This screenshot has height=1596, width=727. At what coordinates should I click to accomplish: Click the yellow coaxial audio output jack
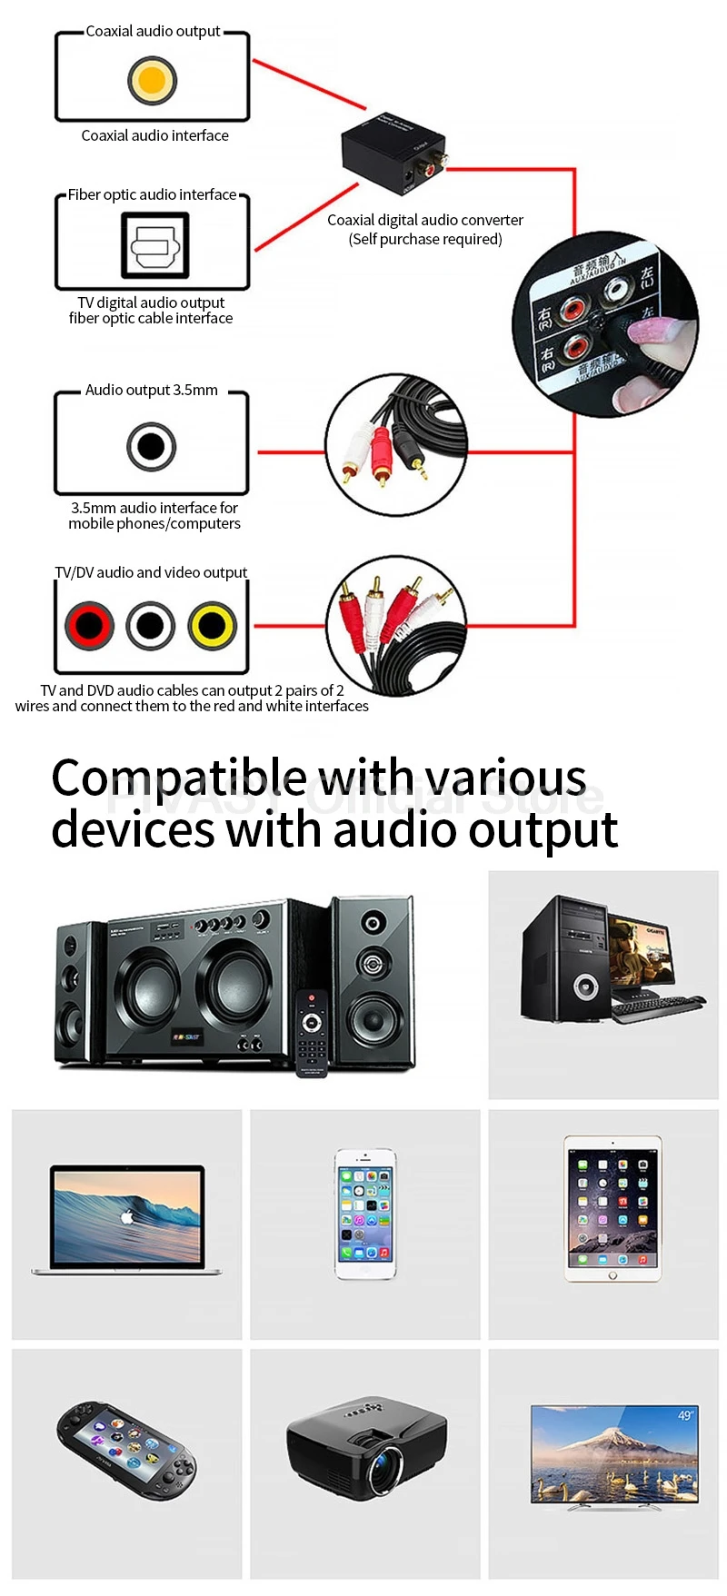tap(152, 80)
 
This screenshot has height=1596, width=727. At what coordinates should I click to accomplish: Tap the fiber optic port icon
tap(155, 245)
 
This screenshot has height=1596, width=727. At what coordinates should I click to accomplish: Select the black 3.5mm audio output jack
tap(151, 446)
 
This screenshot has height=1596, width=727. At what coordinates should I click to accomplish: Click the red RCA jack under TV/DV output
tap(89, 625)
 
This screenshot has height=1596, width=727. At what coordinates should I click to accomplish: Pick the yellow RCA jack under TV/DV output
tap(213, 625)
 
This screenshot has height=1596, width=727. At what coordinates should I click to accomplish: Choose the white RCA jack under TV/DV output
tap(151, 625)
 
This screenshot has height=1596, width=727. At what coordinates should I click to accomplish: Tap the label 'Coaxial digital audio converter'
tap(425, 220)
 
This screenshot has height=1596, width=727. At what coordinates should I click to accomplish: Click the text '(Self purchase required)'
tap(425, 239)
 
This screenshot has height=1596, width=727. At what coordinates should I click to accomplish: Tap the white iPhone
tap(364, 1214)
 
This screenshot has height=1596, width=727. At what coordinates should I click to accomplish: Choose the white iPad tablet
tap(612, 1207)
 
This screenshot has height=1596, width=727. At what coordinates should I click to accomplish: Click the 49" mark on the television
tap(685, 1415)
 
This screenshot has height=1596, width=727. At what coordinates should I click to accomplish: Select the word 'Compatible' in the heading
tap(178, 778)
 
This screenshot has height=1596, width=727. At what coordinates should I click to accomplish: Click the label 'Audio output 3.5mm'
tap(152, 390)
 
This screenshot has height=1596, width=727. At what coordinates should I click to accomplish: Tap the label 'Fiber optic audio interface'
tap(152, 194)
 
